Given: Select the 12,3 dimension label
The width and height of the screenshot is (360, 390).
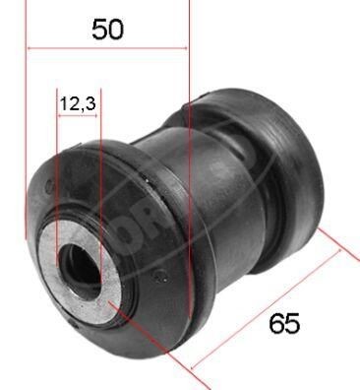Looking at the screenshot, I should pos(77,101).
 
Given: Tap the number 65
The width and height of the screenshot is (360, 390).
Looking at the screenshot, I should pos(282,323).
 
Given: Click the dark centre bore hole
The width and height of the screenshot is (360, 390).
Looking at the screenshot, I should pos(79,264).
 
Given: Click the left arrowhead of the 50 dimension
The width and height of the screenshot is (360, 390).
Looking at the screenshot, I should pos(31,47).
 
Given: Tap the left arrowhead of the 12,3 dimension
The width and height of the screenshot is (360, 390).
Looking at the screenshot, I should pos(62,116).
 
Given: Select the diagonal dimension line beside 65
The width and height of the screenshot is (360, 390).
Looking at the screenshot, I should pos(266,305).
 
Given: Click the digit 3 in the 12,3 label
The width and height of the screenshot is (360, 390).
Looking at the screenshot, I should pos(91,101).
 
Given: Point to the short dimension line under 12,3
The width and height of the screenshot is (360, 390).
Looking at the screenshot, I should pos(79,116).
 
